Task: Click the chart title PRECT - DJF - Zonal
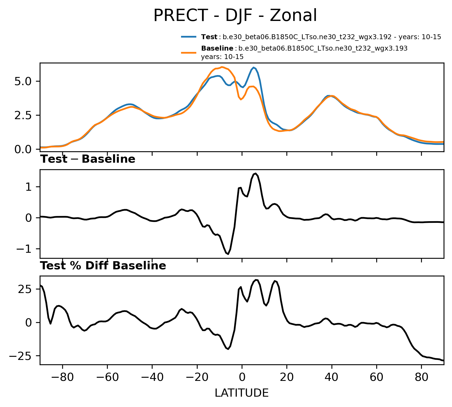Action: click(235, 16)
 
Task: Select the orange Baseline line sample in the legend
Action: click(189, 53)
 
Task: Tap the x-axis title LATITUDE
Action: click(242, 393)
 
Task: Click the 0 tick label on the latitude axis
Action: click(242, 377)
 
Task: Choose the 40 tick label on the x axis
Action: click(332, 377)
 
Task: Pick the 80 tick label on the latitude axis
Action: click(422, 377)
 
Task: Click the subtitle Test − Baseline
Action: click(88, 159)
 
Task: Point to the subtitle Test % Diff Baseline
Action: click(103, 266)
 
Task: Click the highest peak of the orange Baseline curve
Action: click(222, 67)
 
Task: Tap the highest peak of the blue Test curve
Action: click(254, 67)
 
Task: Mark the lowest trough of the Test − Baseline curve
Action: click(228, 254)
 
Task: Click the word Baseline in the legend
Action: click(217, 48)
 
